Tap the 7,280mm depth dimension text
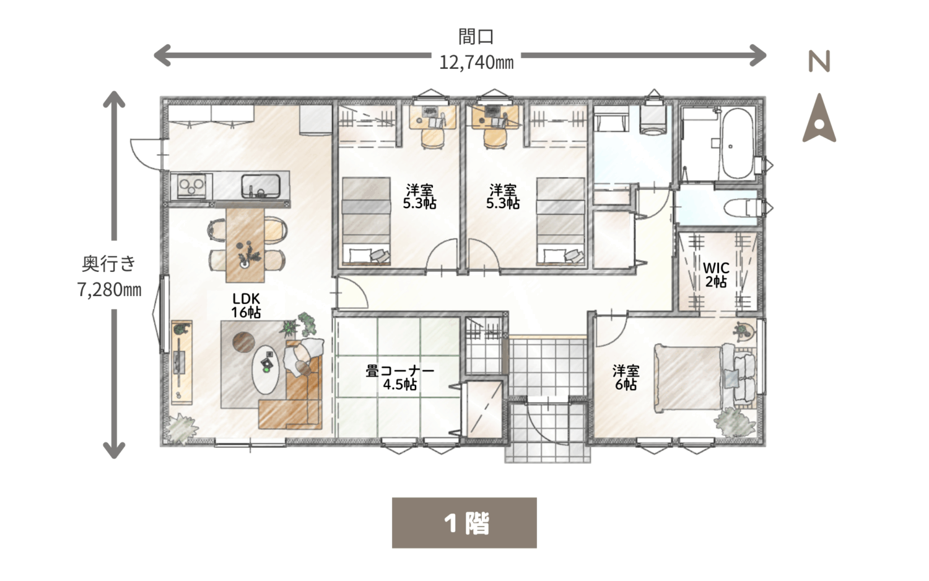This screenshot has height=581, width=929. (x=110, y=290)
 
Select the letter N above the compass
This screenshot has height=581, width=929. (x=819, y=61)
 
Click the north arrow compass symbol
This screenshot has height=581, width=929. (x=819, y=118)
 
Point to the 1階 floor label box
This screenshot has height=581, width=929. (x=464, y=523)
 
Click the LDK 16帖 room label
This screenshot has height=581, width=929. (x=246, y=305)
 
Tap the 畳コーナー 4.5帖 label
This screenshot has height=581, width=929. (x=400, y=377)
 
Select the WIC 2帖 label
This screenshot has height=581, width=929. (x=716, y=274)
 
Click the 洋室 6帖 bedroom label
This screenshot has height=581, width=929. (x=626, y=377)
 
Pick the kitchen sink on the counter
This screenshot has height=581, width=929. (x=261, y=186)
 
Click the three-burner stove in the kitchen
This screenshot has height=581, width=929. (x=191, y=186)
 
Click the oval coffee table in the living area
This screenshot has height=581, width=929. (x=266, y=370)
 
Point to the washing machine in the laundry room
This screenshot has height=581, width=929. (x=653, y=120)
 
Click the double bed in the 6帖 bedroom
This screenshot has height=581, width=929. (x=705, y=377)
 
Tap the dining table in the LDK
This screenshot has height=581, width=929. (x=245, y=245)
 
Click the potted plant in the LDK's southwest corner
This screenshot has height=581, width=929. (x=181, y=428)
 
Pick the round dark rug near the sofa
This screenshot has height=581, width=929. (x=243, y=343)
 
